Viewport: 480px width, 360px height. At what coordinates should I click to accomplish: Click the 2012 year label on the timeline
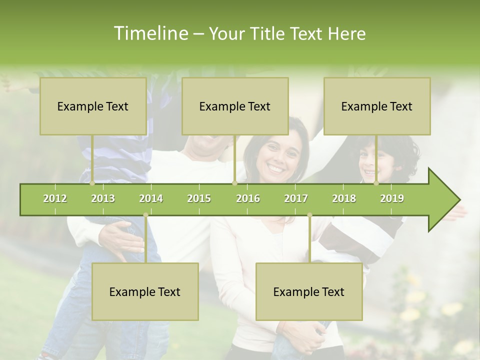[55, 198]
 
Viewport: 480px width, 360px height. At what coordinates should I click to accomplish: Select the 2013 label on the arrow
[103, 198]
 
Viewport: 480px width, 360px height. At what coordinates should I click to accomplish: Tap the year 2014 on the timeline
[151, 198]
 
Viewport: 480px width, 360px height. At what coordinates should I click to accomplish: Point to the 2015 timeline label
[199, 198]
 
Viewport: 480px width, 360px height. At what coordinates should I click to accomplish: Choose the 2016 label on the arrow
[248, 198]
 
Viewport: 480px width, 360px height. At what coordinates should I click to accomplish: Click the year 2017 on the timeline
[296, 198]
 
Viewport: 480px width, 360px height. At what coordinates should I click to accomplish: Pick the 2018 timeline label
[344, 198]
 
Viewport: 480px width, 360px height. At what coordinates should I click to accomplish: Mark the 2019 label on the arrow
[392, 198]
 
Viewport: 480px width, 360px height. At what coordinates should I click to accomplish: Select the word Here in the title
[347, 33]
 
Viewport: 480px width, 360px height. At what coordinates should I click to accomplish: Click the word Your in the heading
[225, 33]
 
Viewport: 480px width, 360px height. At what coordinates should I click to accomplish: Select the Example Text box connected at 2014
[145, 291]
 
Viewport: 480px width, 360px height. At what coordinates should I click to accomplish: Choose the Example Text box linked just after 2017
[309, 291]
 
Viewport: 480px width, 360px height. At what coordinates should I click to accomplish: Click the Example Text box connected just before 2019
[377, 106]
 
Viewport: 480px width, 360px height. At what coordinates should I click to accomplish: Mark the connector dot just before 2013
[92, 183]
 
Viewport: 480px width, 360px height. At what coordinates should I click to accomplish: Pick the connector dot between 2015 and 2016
[234, 183]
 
